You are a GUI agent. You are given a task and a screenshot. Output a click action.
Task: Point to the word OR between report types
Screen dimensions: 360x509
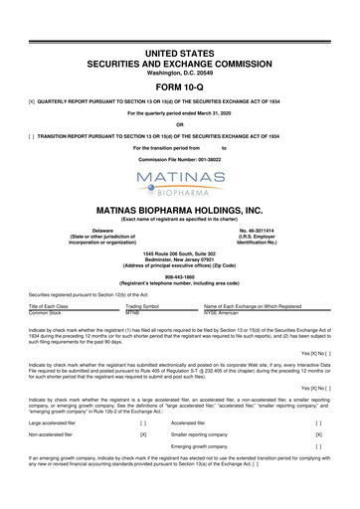coord(180,96)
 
